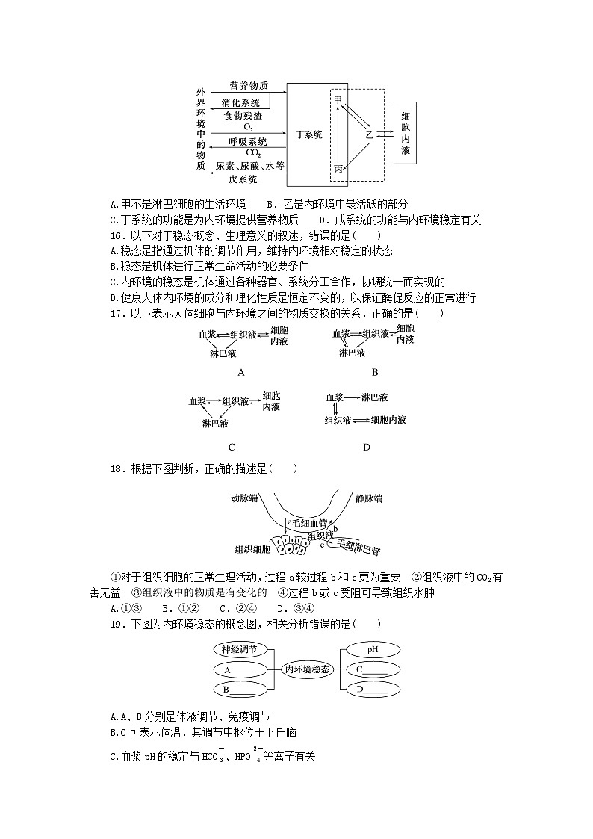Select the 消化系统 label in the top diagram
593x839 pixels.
(x=241, y=102)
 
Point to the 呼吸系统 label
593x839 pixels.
(x=247, y=141)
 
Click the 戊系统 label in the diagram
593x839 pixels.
(x=243, y=179)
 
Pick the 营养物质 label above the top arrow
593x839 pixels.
(x=249, y=86)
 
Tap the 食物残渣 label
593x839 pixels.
(x=243, y=116)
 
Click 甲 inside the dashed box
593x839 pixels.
(x=338, y=99)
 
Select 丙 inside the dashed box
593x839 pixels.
(x=338, y=170)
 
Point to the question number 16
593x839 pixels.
(x=116, y=235)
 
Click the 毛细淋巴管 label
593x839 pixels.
(x=358, y=547)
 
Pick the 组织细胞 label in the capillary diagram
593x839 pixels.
(x=252, y=549)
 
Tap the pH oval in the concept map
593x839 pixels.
(x=373, y=650)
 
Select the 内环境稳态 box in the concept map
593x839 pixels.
(x=307, y=669)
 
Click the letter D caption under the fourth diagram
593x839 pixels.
(x=366, y=447)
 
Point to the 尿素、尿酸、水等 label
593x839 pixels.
(x=249, y=166)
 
